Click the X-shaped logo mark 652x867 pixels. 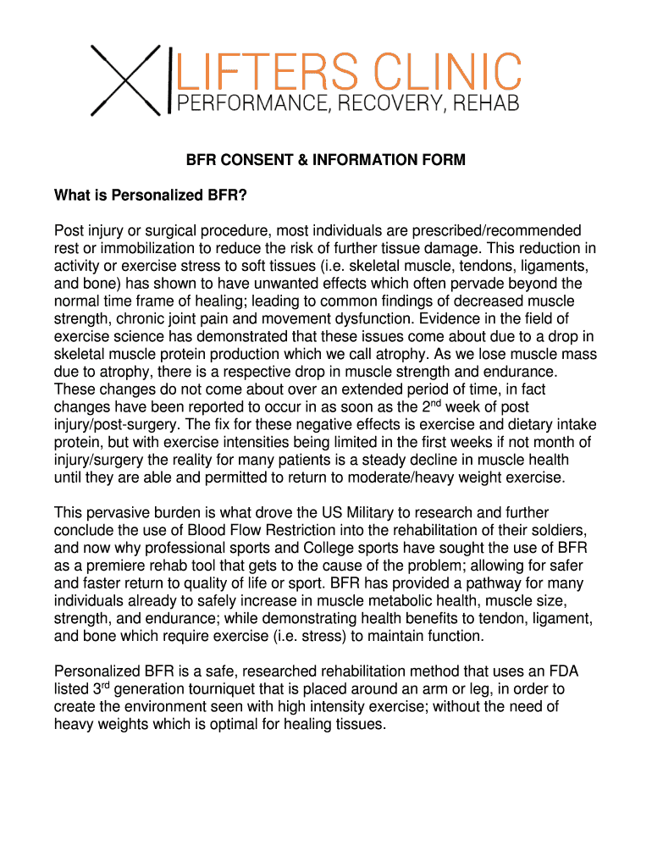tap(128, 80)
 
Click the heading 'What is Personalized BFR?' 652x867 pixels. tap(151, 196)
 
